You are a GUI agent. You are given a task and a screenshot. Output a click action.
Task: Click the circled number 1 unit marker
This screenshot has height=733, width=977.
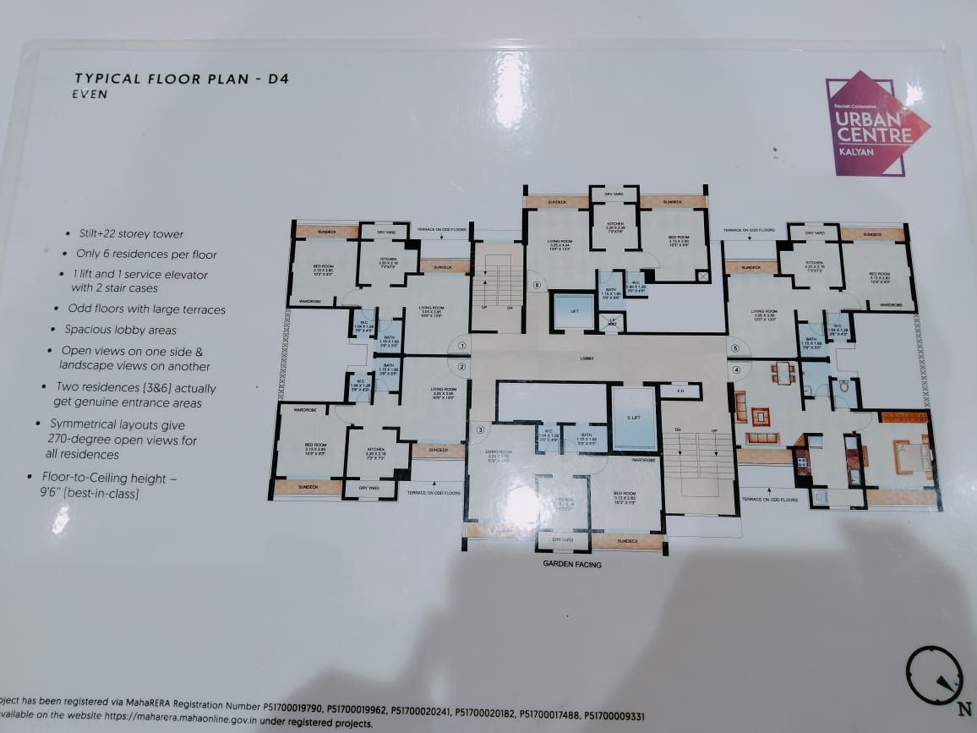(x=462, y=345)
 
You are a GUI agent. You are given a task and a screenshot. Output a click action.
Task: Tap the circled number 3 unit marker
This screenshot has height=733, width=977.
(x=480, y=430)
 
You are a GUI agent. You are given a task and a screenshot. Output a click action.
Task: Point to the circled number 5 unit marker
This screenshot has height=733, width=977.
(x=735, y=348)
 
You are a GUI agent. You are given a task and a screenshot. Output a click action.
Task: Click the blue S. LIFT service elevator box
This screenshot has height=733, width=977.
(x=634, y=418)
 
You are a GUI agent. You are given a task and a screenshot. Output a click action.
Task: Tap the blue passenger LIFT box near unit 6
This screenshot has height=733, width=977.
(x=574, y=311)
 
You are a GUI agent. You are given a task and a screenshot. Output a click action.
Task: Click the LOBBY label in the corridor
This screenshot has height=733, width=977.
(x=587, y=358)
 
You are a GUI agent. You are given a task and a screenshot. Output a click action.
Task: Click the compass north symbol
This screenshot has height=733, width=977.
(x=935, y=676)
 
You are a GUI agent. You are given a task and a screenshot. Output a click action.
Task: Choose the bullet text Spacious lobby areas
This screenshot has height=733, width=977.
(x=121, y=330)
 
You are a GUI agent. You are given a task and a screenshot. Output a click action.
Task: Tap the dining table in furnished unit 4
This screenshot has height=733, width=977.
(x=783, y=373)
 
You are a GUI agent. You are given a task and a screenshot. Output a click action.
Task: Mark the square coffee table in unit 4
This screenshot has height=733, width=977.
(x=761, y=416)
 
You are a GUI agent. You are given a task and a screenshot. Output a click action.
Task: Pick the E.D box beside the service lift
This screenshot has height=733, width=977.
(x=680, y=391)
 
